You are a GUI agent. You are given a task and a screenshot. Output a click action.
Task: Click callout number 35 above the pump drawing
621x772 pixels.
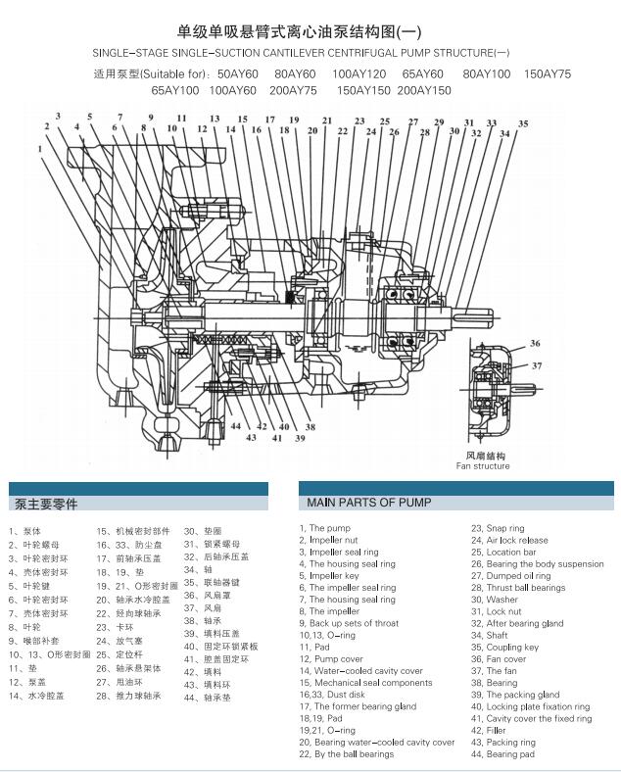point(523,123)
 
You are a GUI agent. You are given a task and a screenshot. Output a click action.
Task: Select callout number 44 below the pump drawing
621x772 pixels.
point(236,426)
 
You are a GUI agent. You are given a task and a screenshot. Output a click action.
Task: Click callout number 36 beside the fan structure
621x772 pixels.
point(535,343)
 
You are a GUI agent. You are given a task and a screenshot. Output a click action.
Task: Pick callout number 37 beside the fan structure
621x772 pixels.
point(537,365)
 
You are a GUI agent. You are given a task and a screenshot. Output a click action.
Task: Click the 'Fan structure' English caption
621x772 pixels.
point(483,466)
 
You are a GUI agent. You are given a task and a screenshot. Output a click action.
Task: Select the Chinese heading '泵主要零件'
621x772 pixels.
point(45,505)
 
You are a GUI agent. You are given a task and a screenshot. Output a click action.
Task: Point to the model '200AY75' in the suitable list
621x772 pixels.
point(293,90)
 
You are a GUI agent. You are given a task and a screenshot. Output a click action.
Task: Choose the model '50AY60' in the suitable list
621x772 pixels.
point(239,74)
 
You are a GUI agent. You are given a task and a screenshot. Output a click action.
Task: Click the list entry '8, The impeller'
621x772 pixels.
point(335,611)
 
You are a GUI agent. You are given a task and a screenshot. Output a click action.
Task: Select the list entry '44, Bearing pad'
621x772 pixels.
point(502,754)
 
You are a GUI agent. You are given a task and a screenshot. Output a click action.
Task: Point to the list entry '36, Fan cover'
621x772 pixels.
point(499,658)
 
